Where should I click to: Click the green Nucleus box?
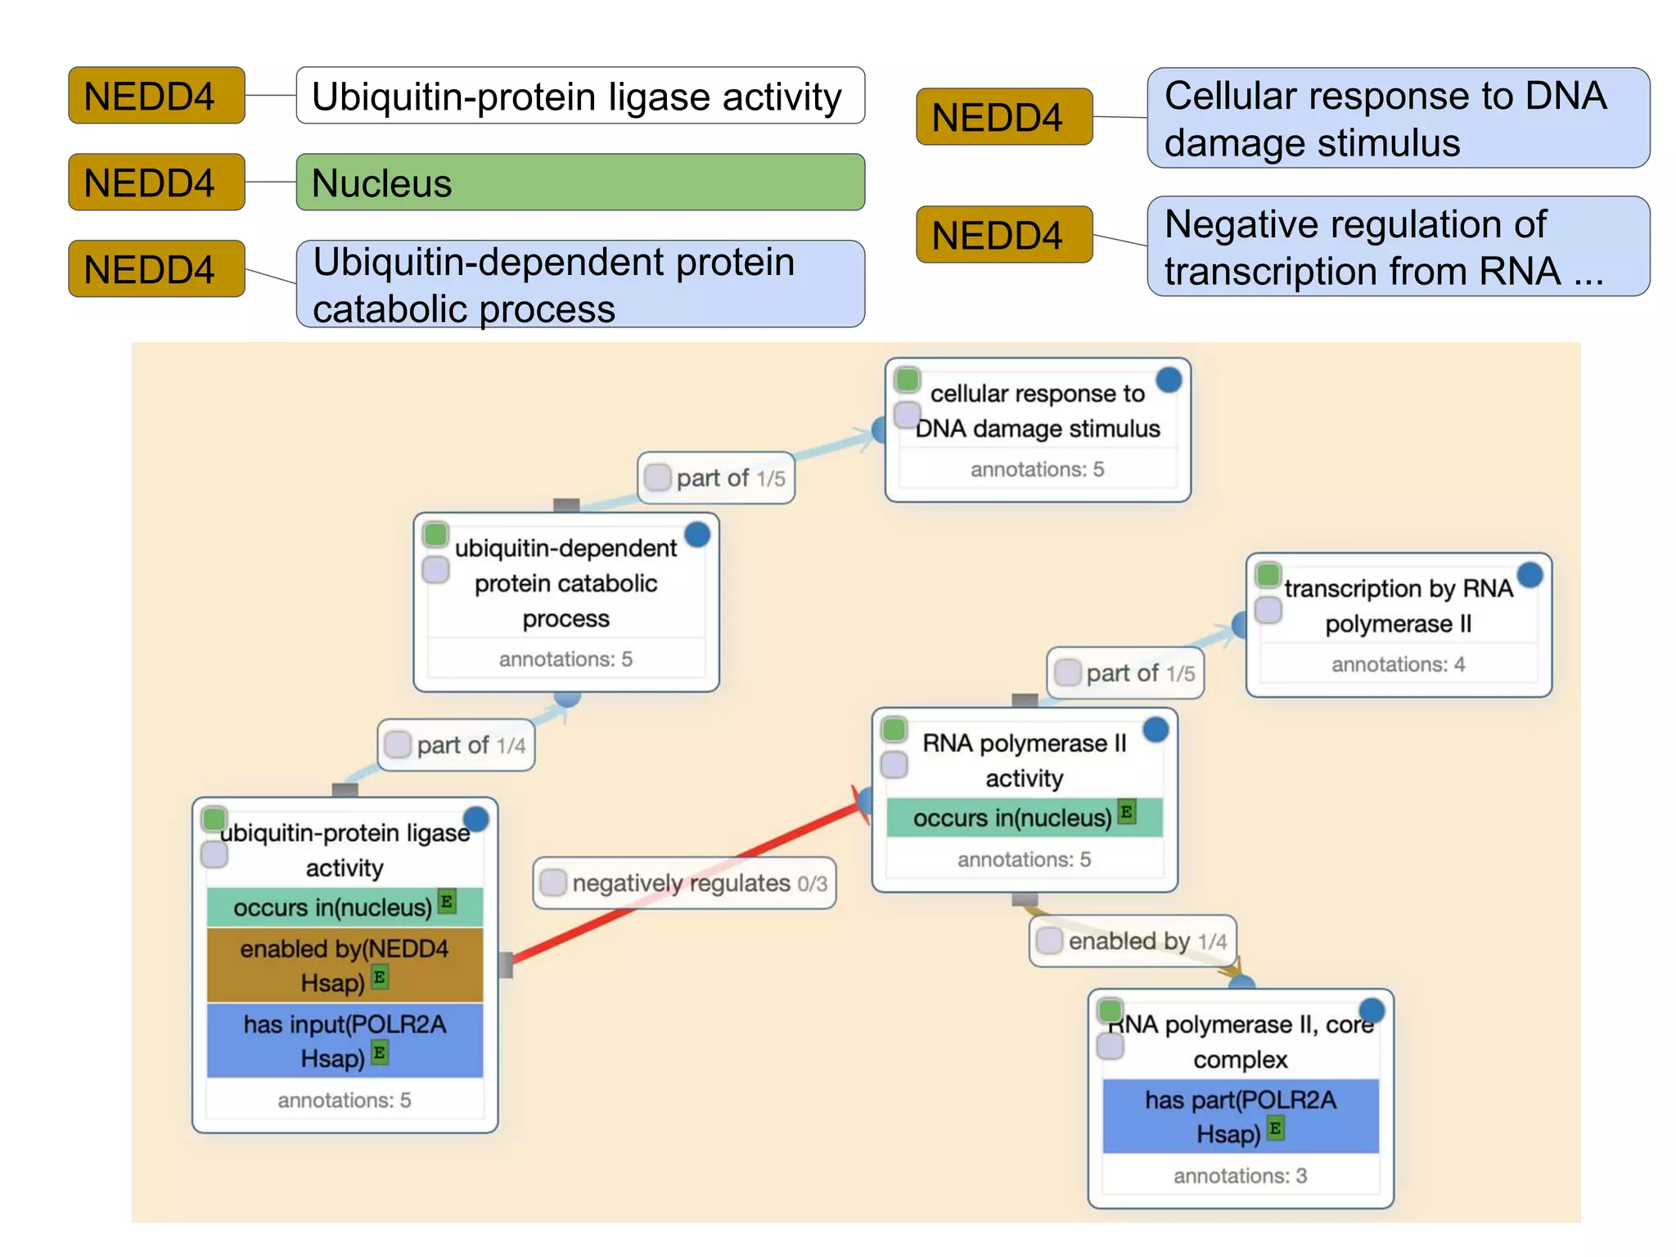point(579,182)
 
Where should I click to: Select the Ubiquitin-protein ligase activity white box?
point(579,96)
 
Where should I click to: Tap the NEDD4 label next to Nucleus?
point(156,182)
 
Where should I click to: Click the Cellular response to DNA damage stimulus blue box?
point(1398,119)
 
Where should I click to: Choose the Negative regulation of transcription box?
point(1398,246)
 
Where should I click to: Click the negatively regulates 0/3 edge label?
point(684,883)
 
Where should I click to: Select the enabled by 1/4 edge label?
point(1133,941)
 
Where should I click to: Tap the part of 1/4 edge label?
point(457,746)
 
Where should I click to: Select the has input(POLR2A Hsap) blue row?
point(345,1041)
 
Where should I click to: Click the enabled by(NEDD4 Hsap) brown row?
point(345,965)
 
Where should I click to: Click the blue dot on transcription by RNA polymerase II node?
point(1530,574)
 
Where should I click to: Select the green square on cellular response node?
point(907,380)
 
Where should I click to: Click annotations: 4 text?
point(1398,665)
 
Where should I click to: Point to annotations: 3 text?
point(1240,1176)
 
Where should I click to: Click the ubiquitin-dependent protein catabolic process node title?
point(565,583)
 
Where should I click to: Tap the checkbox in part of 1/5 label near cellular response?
point(657,477)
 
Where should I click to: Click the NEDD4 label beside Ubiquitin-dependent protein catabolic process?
point(156,269)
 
